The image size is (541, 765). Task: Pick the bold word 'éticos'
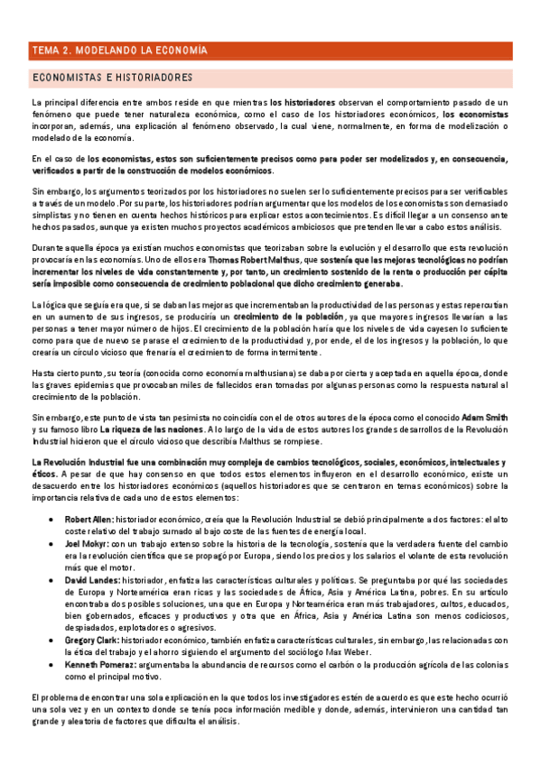(44, 473)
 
